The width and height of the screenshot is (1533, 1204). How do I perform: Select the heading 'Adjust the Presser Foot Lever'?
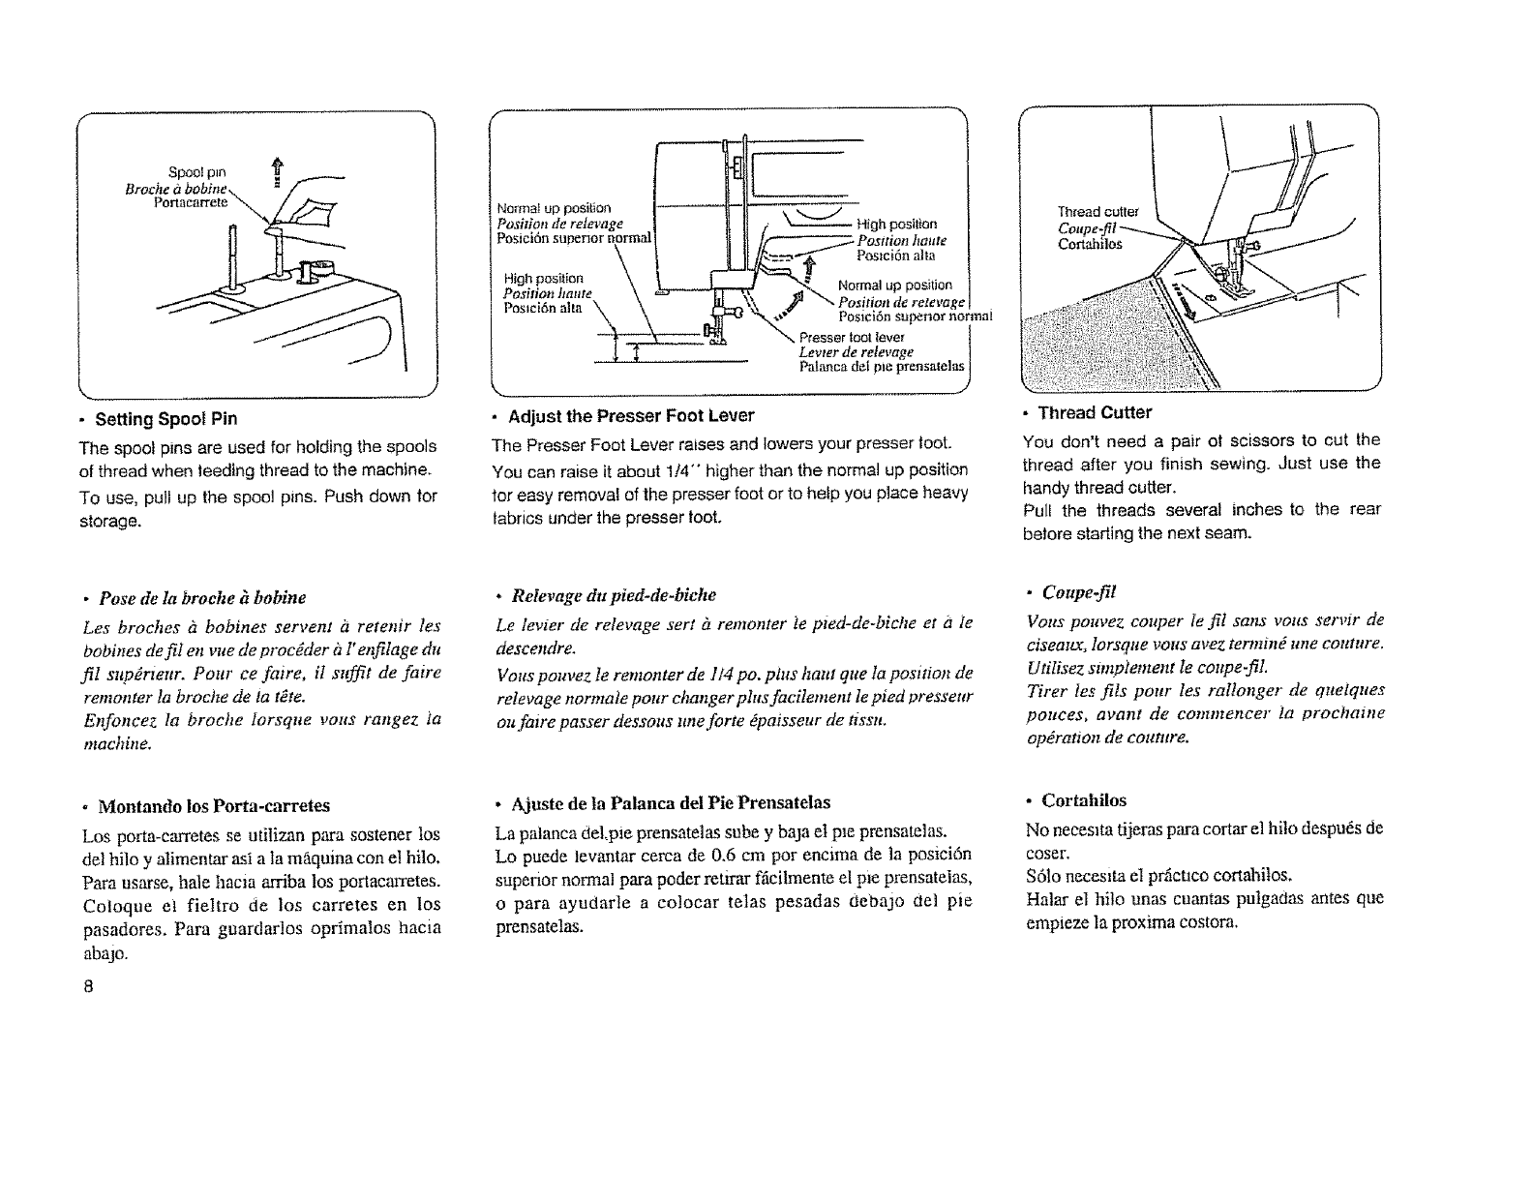630,415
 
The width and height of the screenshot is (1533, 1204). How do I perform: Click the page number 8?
87,988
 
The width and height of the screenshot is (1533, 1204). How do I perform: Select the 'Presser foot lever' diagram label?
837,338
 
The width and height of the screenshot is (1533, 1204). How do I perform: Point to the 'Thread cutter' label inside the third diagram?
1097,212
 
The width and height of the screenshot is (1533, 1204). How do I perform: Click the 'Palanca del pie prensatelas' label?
882,366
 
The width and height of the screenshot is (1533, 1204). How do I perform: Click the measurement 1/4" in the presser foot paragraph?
732,470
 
